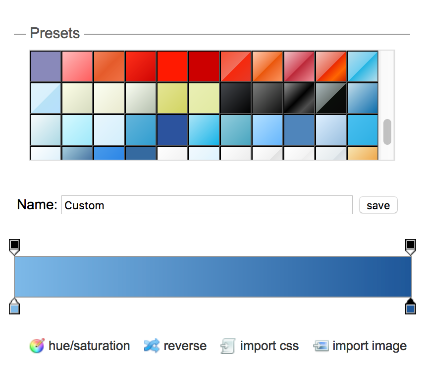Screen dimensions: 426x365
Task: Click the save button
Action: point(378,205)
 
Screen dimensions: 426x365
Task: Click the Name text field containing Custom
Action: point(207,205)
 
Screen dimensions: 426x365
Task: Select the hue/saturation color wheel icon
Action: point(37,346)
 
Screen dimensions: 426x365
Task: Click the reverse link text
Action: point(185,346)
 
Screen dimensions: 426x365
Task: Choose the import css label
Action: point(269,346)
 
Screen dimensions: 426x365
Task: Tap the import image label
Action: point(370,347)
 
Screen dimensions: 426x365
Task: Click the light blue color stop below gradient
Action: point(14,306)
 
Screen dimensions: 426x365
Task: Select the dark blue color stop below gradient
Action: point(411,306)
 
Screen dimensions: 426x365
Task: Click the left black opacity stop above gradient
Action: point(14,247)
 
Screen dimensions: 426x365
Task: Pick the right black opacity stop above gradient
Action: point(411,247)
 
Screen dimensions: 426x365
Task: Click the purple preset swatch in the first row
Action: point(46,66)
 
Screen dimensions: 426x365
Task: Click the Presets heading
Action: point(54,33)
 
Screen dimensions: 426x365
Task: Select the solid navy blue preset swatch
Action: point(172,130)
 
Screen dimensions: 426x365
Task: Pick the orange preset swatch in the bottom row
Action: point(363,153)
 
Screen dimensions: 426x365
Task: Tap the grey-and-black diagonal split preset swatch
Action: point(330,98)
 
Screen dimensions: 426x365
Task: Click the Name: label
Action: point(37,204)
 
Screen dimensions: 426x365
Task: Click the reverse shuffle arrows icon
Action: point(152,346)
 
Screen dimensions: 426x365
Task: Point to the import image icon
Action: point(321,346)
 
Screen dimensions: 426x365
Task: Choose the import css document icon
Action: point(228,346)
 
